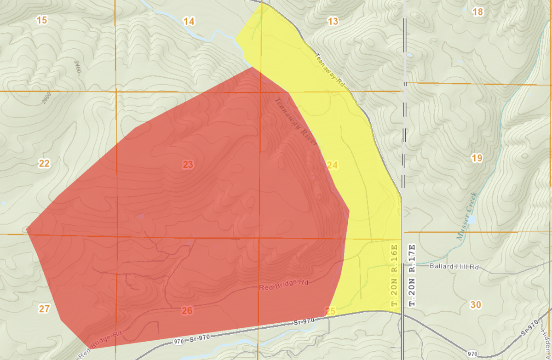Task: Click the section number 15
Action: tap(42, 20)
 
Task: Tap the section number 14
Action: tap(189, 21)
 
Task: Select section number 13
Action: tap(333, 21)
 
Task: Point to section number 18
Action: tap(478, 11)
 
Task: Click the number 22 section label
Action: tap(44, 164)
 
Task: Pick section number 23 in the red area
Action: tap(188, 165)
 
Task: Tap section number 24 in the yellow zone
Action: tap(332, 165)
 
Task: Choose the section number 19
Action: tap(477, 159)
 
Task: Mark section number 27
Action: tap(44, 309)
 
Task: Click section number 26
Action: tap(187, 310)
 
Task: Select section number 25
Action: tap(330, 311)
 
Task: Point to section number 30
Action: tap(476, 304)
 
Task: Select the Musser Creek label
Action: tap(466, 223)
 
